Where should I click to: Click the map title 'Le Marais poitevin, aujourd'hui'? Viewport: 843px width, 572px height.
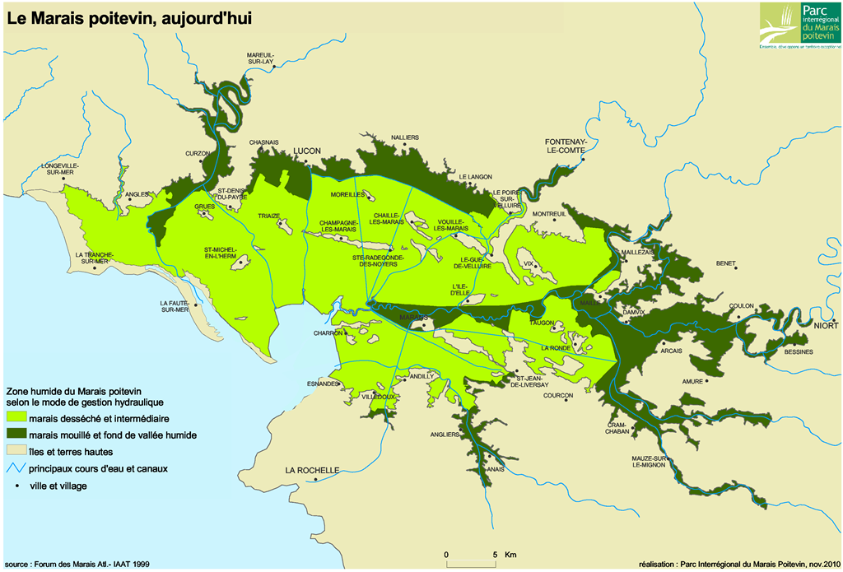128,18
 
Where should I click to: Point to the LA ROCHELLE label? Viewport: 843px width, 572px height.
312,470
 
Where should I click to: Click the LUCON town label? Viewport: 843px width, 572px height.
306,151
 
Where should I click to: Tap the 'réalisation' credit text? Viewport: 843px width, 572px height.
738,564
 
